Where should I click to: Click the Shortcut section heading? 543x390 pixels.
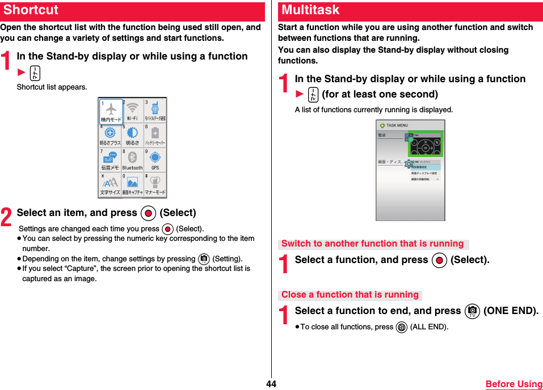pyautogui.click(x=31, y=10)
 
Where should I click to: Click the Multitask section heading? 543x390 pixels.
pyautogui.click(x=310, y=10)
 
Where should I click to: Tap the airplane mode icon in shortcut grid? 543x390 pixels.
pyautogui.click(x=111, y=111)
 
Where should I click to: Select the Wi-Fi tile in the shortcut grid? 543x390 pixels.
pyautogui.click(x=132, y=111)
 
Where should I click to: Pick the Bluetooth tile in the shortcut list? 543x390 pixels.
pyautogui.click(x=132, y=159)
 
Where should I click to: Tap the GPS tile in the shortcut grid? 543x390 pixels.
pyautogui.click(x=155, y=159)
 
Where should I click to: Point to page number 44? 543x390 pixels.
pyautogui.click(x=271, y=384)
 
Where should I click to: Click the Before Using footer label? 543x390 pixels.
pyautogui.click(x=513, y=384)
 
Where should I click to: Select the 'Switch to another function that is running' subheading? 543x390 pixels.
pyautogui.click(x=372, y=244)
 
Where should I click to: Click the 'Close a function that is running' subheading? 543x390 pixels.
pyautogui.click(x=350, y=295)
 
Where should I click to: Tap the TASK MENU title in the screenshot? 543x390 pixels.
pyautogui.click(x=397, y=125)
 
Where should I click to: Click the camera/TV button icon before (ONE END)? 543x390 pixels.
pyautogui.click(x=472, y=311)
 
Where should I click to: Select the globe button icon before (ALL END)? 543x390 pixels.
pyautogui.click(x=402, y=327)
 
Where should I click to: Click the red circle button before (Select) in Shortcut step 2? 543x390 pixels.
pyautogui.click(x=148, y=213)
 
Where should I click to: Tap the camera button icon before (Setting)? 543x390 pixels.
pyautogui.click(x=204, y=259)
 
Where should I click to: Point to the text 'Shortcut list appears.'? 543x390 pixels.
pyautogui.click(x=52, y=87)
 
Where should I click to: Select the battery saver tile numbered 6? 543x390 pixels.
pyautogui.click(x=155, y=135)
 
